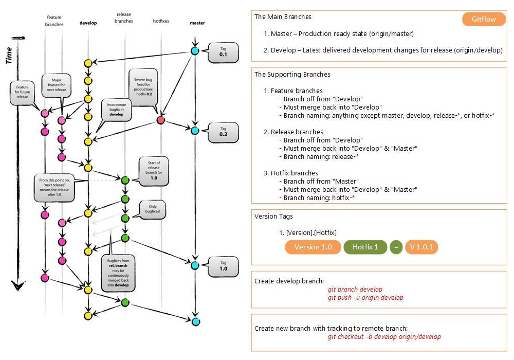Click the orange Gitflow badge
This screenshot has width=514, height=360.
(x=484, y=20)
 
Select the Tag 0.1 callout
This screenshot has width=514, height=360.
(x=223, y=51)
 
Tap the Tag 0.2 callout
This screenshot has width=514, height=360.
(x=223, y=132)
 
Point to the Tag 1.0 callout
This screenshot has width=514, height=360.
(x=223, y=266)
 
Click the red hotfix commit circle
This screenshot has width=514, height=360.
(x=160, y=120)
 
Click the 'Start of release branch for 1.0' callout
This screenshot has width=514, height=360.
(x=154, y=171)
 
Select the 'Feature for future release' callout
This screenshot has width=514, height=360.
(x=22, y=92)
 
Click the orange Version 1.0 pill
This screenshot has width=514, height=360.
(x=313, y=247)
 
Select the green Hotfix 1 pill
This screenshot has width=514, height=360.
(x=365, y=247)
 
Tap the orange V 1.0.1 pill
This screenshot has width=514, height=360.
(x=421, y=247)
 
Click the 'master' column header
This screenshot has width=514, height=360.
(x=197, y=23)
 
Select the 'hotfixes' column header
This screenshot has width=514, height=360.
(x=161, y=22)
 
